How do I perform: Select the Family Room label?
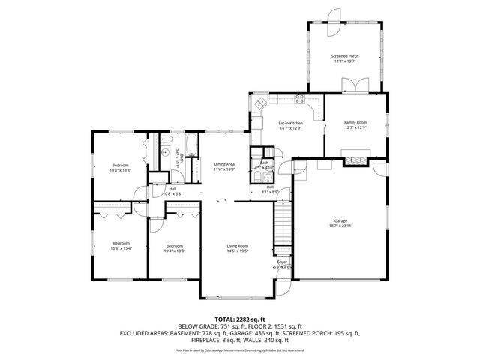(355, 122)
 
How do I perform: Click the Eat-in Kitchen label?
(290, 123)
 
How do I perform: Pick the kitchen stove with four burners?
(301, 98)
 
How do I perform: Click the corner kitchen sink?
(260, 103)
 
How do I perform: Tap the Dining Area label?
(224, 164)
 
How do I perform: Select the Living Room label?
(238, 246)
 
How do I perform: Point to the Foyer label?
(282, 262)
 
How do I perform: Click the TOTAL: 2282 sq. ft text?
(239, 319)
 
